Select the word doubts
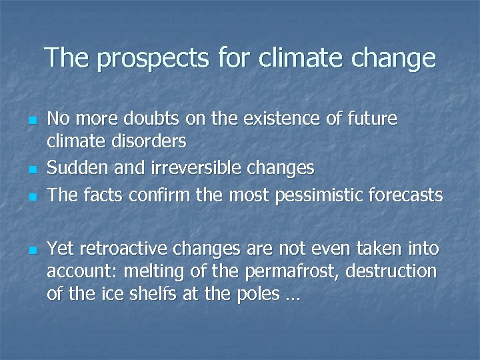pyautogui.click(x=141, y=119)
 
